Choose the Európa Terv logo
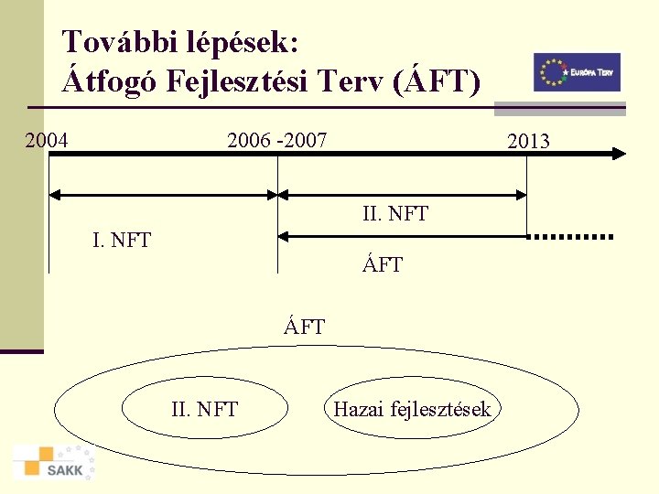[577, 72]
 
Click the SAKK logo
[54, 462]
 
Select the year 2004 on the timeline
[46, 140]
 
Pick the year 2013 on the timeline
[528, 141]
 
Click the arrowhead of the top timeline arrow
[617, 155]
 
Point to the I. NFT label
[122, 242]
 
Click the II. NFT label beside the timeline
[395, 215]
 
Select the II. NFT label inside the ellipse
[204, 409]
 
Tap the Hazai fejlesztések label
[412, 409]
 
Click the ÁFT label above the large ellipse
[304, 327]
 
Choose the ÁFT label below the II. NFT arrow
[383, 266]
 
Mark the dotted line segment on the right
[572, 237]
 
